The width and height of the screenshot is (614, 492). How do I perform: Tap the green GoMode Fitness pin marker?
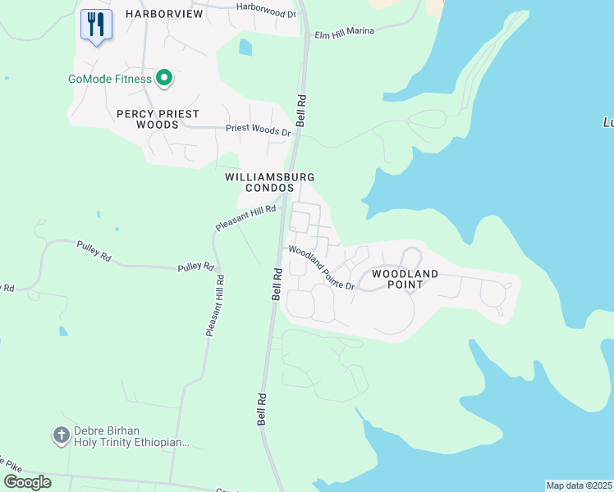tap(164, 79)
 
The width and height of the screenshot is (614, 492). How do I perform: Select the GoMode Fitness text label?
tap(109, 80)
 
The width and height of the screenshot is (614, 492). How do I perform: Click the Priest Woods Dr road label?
tap(259, 130)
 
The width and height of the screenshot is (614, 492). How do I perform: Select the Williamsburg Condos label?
tap(259, 182)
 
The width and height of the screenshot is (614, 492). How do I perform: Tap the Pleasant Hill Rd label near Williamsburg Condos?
tap(245, 217)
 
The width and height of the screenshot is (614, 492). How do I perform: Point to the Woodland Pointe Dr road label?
tap(320, 267)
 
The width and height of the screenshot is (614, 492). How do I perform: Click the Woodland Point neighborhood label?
tap(406, 279)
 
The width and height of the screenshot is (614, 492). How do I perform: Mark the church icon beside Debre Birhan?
tap(61, 435)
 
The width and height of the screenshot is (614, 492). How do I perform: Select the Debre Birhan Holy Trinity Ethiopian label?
tap(131, 436)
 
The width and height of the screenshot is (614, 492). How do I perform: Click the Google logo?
tap(28, 481)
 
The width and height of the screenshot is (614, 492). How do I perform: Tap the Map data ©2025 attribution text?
tap(580, 485)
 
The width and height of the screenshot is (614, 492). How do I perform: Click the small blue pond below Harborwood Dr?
tap(245, 48)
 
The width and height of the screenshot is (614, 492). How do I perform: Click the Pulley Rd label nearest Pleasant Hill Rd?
tap(197, 267)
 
